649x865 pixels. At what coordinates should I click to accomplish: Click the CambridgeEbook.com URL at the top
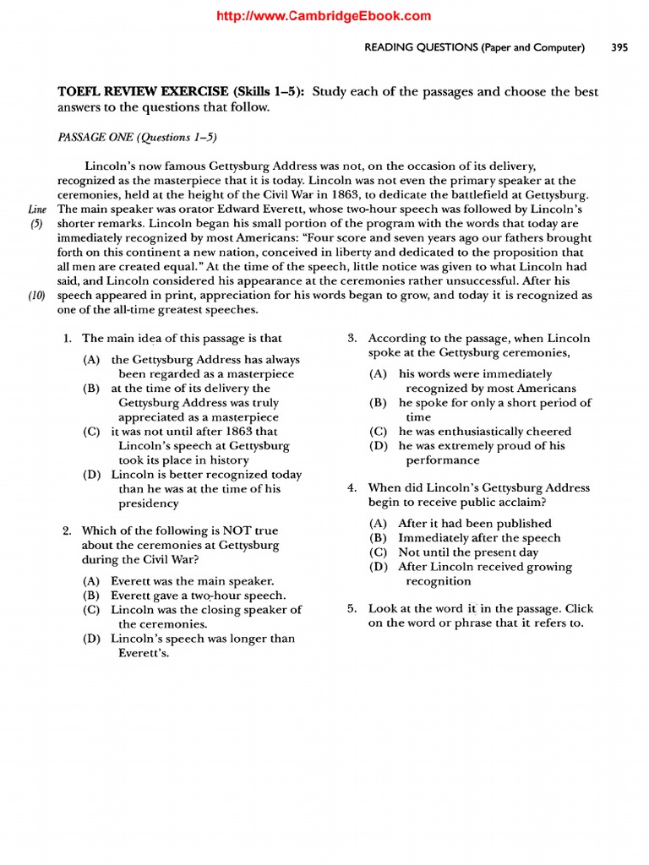point(324,15)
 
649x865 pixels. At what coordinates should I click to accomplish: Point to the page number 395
point(619,48)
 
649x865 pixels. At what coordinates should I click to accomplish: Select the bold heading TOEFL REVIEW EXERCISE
point(143,92)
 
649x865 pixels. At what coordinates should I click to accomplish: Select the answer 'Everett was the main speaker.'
point(193,581)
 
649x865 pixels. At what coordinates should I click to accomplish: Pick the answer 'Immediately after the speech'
point(479,538)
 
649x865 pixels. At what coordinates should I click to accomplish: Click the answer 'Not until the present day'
point(468,552)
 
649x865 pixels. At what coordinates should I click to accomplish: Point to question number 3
point(352,338)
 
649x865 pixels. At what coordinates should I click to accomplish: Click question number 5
point(352,608)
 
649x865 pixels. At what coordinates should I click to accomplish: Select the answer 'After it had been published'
point(475,524)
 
